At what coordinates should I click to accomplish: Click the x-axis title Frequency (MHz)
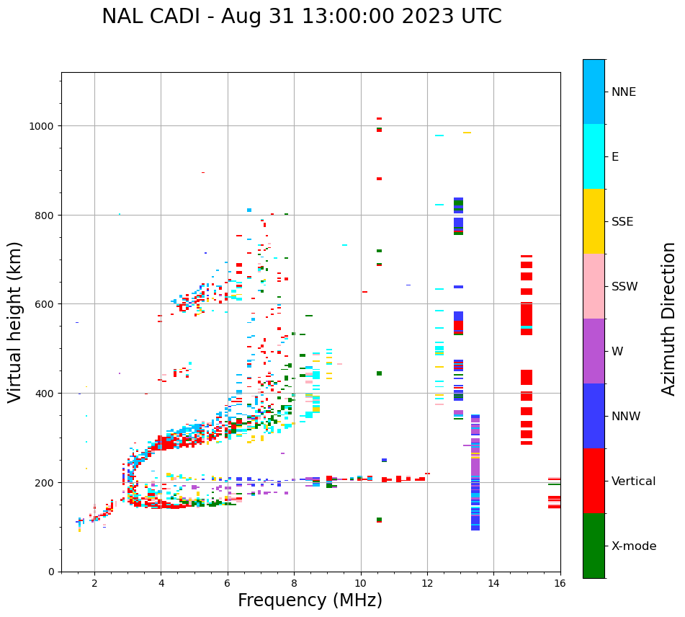click(x=310, y=600)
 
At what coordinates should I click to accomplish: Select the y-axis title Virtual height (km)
click(x=15, y=321)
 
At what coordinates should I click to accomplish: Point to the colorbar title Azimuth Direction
click(x=669, y=319)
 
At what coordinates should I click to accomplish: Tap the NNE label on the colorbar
click(x=624, y=92)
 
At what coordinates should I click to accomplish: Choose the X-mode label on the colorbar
click(x=634, y=546)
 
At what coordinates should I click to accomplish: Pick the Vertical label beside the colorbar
click(x=633, y=481)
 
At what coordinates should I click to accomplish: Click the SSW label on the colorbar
click(x=624, y=287)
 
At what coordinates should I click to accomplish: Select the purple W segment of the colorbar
click(x=594, y=351)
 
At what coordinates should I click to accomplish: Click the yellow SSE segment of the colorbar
click(x=594, y=221)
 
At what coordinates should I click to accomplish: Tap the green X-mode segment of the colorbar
click(x=594, y=546)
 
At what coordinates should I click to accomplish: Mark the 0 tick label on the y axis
click(x=51, y=572)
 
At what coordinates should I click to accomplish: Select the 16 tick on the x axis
click(x=560, y=585)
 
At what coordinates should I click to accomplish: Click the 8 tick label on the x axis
click(x=294, y=585)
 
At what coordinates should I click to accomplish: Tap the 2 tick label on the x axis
click(x=94, y=585)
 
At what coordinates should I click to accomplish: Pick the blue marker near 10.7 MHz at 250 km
click(x=384, y=460)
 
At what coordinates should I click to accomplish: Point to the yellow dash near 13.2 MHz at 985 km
click(x=467, y=133)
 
